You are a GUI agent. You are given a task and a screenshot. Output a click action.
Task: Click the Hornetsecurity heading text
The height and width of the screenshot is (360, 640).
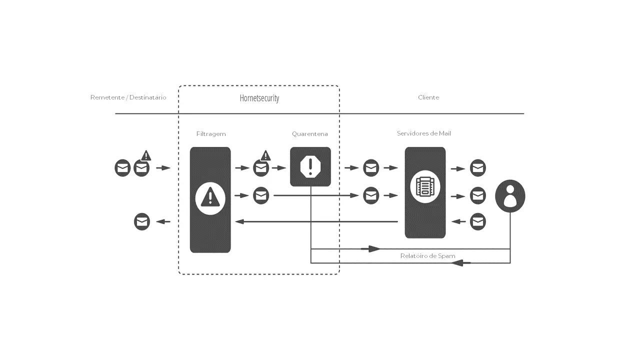coord(259,98)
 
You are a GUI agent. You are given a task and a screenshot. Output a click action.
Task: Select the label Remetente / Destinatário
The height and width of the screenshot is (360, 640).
coord(128,97)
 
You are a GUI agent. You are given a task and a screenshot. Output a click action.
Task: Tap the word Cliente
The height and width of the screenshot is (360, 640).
coord(428,97)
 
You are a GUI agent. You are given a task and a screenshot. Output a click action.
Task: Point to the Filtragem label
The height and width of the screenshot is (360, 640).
coord(211,134)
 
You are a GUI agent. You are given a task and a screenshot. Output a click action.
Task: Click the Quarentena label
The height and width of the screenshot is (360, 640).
coord(310,134)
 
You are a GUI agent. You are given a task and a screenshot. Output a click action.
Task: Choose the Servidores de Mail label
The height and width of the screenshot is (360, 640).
coord(424,133)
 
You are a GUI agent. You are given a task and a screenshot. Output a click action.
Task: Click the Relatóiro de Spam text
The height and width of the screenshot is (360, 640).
coord(427,256)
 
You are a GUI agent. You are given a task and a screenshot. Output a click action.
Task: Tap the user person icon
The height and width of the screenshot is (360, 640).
coord(510,196)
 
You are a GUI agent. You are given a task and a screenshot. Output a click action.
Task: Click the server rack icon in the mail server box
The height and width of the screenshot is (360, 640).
coord(425,186)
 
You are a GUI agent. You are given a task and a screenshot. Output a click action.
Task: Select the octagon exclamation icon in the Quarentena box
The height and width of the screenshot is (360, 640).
coord(310,166)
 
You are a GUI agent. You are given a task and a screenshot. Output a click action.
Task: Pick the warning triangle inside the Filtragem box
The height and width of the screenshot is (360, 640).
coord(210,196)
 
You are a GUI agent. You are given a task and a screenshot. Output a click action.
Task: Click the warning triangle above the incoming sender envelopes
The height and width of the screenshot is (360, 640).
coord(146,155)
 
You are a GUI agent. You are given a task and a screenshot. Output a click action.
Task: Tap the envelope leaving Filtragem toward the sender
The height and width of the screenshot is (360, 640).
coord(142,221)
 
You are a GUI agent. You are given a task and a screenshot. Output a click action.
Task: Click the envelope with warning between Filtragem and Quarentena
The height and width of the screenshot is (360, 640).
coord(261,168)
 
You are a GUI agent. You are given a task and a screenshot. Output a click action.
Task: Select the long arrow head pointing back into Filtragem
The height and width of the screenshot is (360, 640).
coord(239,221)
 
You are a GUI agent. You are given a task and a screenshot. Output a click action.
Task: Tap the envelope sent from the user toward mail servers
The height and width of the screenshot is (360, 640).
coord(478,221)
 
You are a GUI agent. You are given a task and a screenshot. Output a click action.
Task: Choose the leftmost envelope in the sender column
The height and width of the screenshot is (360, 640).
coord(122,168)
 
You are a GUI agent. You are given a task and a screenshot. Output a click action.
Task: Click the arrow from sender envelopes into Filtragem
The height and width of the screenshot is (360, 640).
coord(163,168)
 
